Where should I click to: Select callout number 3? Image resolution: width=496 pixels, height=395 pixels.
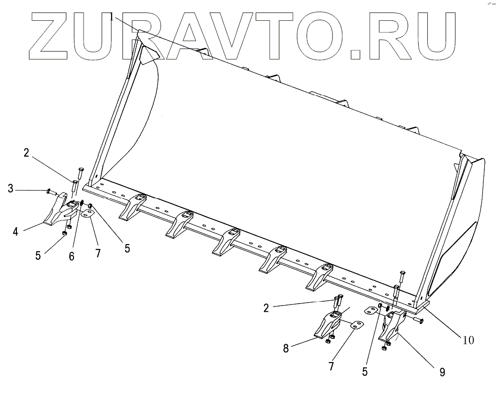(x=11, y=188)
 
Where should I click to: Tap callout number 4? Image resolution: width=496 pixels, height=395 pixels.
(x=15, y=231)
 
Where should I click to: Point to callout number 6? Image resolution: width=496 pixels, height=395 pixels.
(x=72, y=256)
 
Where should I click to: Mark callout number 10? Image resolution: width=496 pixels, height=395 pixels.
(x=468, y=340)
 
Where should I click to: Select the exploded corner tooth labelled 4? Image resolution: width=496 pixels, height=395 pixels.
(x=60, y=213)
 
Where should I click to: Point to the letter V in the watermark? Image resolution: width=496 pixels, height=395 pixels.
(x=242, y=35)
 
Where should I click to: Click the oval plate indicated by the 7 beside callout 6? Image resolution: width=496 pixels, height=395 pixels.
(x=88, y=213)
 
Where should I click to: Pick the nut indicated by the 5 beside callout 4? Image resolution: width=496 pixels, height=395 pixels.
(x=64, y=234)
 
